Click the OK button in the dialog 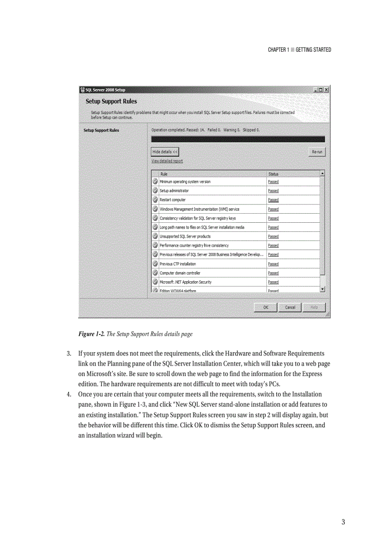(x=265, y=308)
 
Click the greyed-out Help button (x=314, y=308)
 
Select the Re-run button (x=317, y=152)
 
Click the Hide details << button (x=165, y=152)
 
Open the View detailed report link (x=167, y=161)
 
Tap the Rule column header (x=164, y=174)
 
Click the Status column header (x=273, y=174)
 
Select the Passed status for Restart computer (x=273, y=200)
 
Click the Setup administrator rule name (x=174, y=191)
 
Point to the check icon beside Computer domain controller (x=155, y=273)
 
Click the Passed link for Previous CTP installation (x=273, y=264)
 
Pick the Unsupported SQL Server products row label (x=185, y=237)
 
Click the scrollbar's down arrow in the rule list (x=322, y=289)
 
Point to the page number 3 (x=343, y=522)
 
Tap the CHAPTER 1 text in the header (x=278, y=50)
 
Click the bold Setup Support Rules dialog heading (x=111, y=102)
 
